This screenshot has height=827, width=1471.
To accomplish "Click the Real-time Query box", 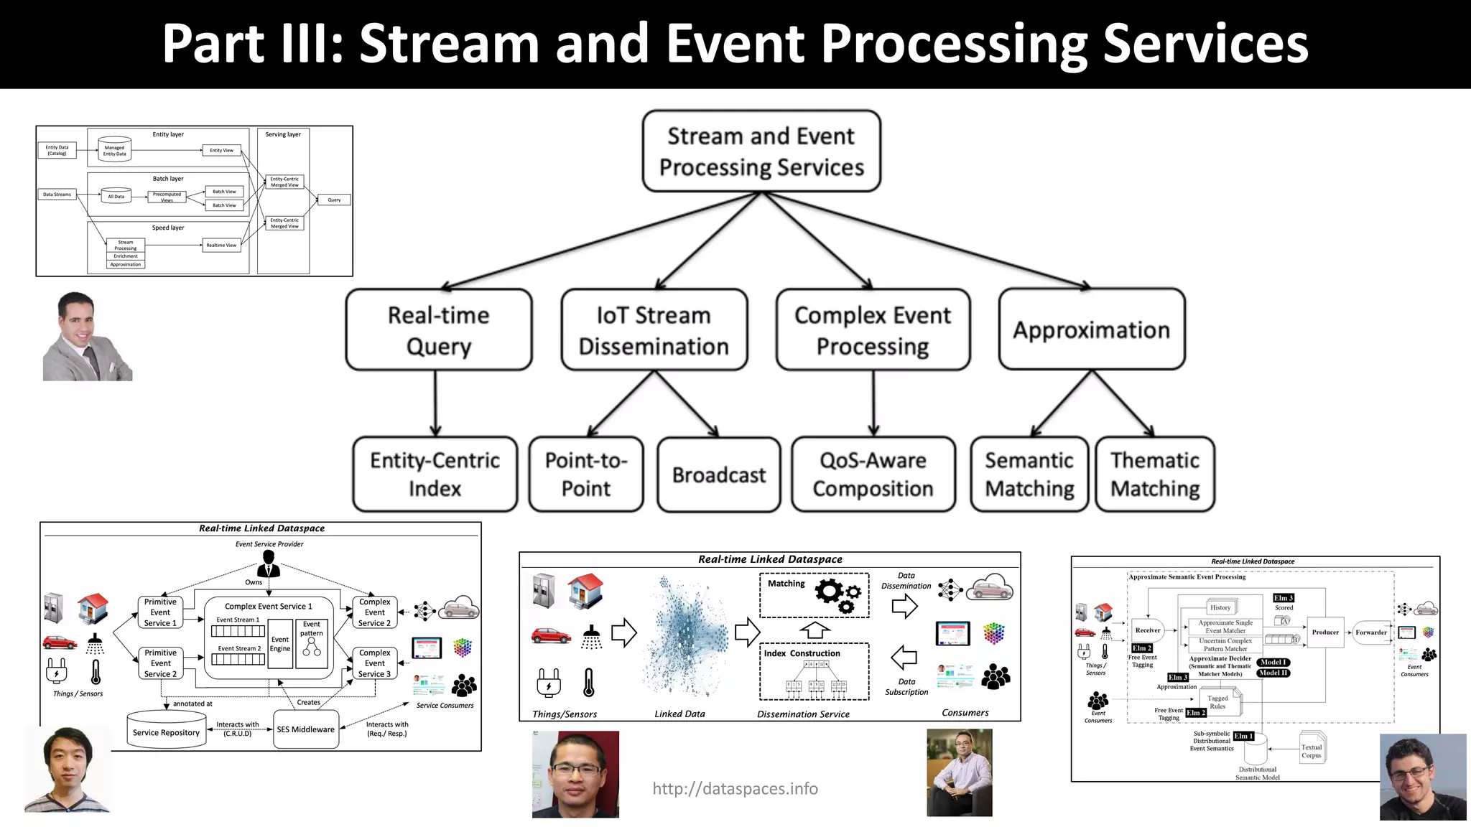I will (439, 330).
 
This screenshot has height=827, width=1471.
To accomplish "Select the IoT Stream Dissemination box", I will (654, 330).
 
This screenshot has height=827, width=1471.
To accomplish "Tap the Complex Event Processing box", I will (873, 330).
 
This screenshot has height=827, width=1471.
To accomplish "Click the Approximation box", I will (1091, 330).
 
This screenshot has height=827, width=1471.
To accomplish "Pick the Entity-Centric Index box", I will (435, 475).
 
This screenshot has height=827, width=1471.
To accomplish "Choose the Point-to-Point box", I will (586, 475).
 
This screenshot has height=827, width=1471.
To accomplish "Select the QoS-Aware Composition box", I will (873, 475).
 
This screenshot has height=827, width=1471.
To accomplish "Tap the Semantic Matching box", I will (1029, 475).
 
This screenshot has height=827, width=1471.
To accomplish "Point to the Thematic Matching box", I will (1155, 475).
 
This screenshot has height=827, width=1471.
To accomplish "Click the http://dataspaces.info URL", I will (735, 789).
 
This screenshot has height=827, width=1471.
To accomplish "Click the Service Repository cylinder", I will (166, 732).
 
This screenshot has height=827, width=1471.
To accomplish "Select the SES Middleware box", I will (306, 729).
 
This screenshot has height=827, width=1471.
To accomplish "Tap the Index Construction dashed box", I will (814, 672).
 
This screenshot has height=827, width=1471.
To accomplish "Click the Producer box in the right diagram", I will (1324, 632).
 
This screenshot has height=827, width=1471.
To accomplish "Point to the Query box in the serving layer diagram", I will (334, 200).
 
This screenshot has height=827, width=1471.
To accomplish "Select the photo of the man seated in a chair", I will (959, 773).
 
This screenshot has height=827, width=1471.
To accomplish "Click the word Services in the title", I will (1205, 45).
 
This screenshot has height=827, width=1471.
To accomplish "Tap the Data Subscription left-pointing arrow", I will (904, 657).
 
